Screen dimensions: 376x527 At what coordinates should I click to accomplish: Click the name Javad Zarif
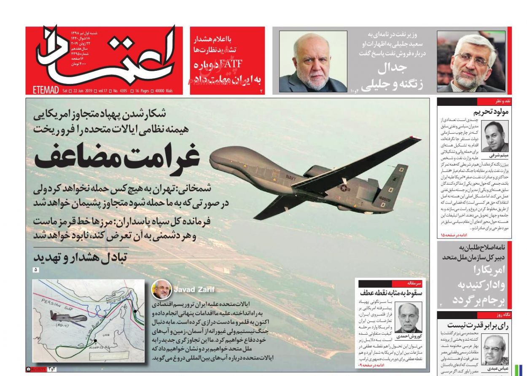[x=194, y=289]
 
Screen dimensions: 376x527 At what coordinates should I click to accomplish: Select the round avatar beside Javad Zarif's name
[x=161, y=290]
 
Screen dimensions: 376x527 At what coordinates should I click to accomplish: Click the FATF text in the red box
[x=206, y=65]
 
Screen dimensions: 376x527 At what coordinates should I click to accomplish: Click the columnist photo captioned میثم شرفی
[x=495, y=136]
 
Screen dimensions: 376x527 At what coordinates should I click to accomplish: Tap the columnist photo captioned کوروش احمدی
[x=409, y=317]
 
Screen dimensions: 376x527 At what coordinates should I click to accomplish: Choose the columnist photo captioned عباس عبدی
[x=495, y=349]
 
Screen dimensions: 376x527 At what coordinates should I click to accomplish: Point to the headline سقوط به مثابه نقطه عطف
[x=392, y=293]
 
